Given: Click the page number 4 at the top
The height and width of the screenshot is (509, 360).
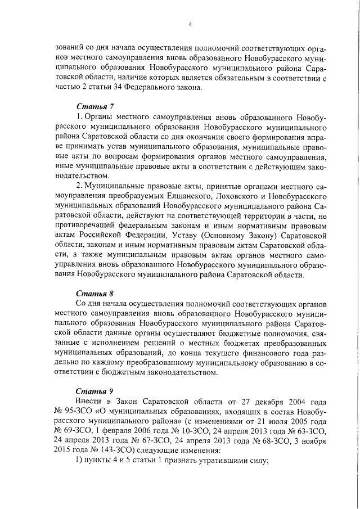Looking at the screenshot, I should pyautogui.click(x=190, y=24).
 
